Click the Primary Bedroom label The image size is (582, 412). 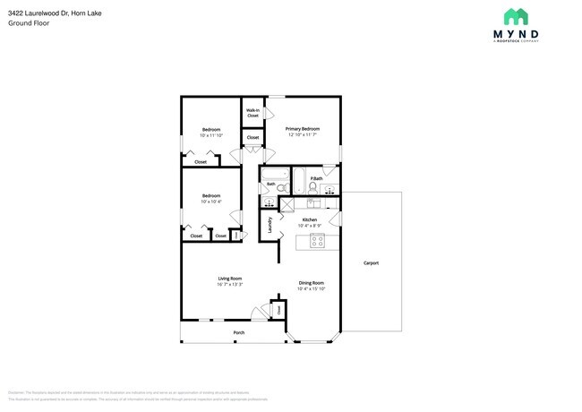tap(303, 129)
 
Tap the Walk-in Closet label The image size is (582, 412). tap(252, 113)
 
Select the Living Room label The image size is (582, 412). tap(230, 278)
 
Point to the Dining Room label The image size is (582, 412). tap(311, 283)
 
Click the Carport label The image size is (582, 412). tap(371, 262)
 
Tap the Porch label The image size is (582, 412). tap(238, 332)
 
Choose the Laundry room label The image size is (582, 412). tap(270, 225)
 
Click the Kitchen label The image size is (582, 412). tap(309, 219)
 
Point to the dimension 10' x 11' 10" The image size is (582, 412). tap(211, 136)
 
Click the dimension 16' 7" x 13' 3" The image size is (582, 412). tap(230, 284)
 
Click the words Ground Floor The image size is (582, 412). tap(29, 22)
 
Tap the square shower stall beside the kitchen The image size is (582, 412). tap(287, 204)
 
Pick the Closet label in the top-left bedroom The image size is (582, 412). tap(201, 162)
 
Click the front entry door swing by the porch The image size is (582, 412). tap(259, 313)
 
